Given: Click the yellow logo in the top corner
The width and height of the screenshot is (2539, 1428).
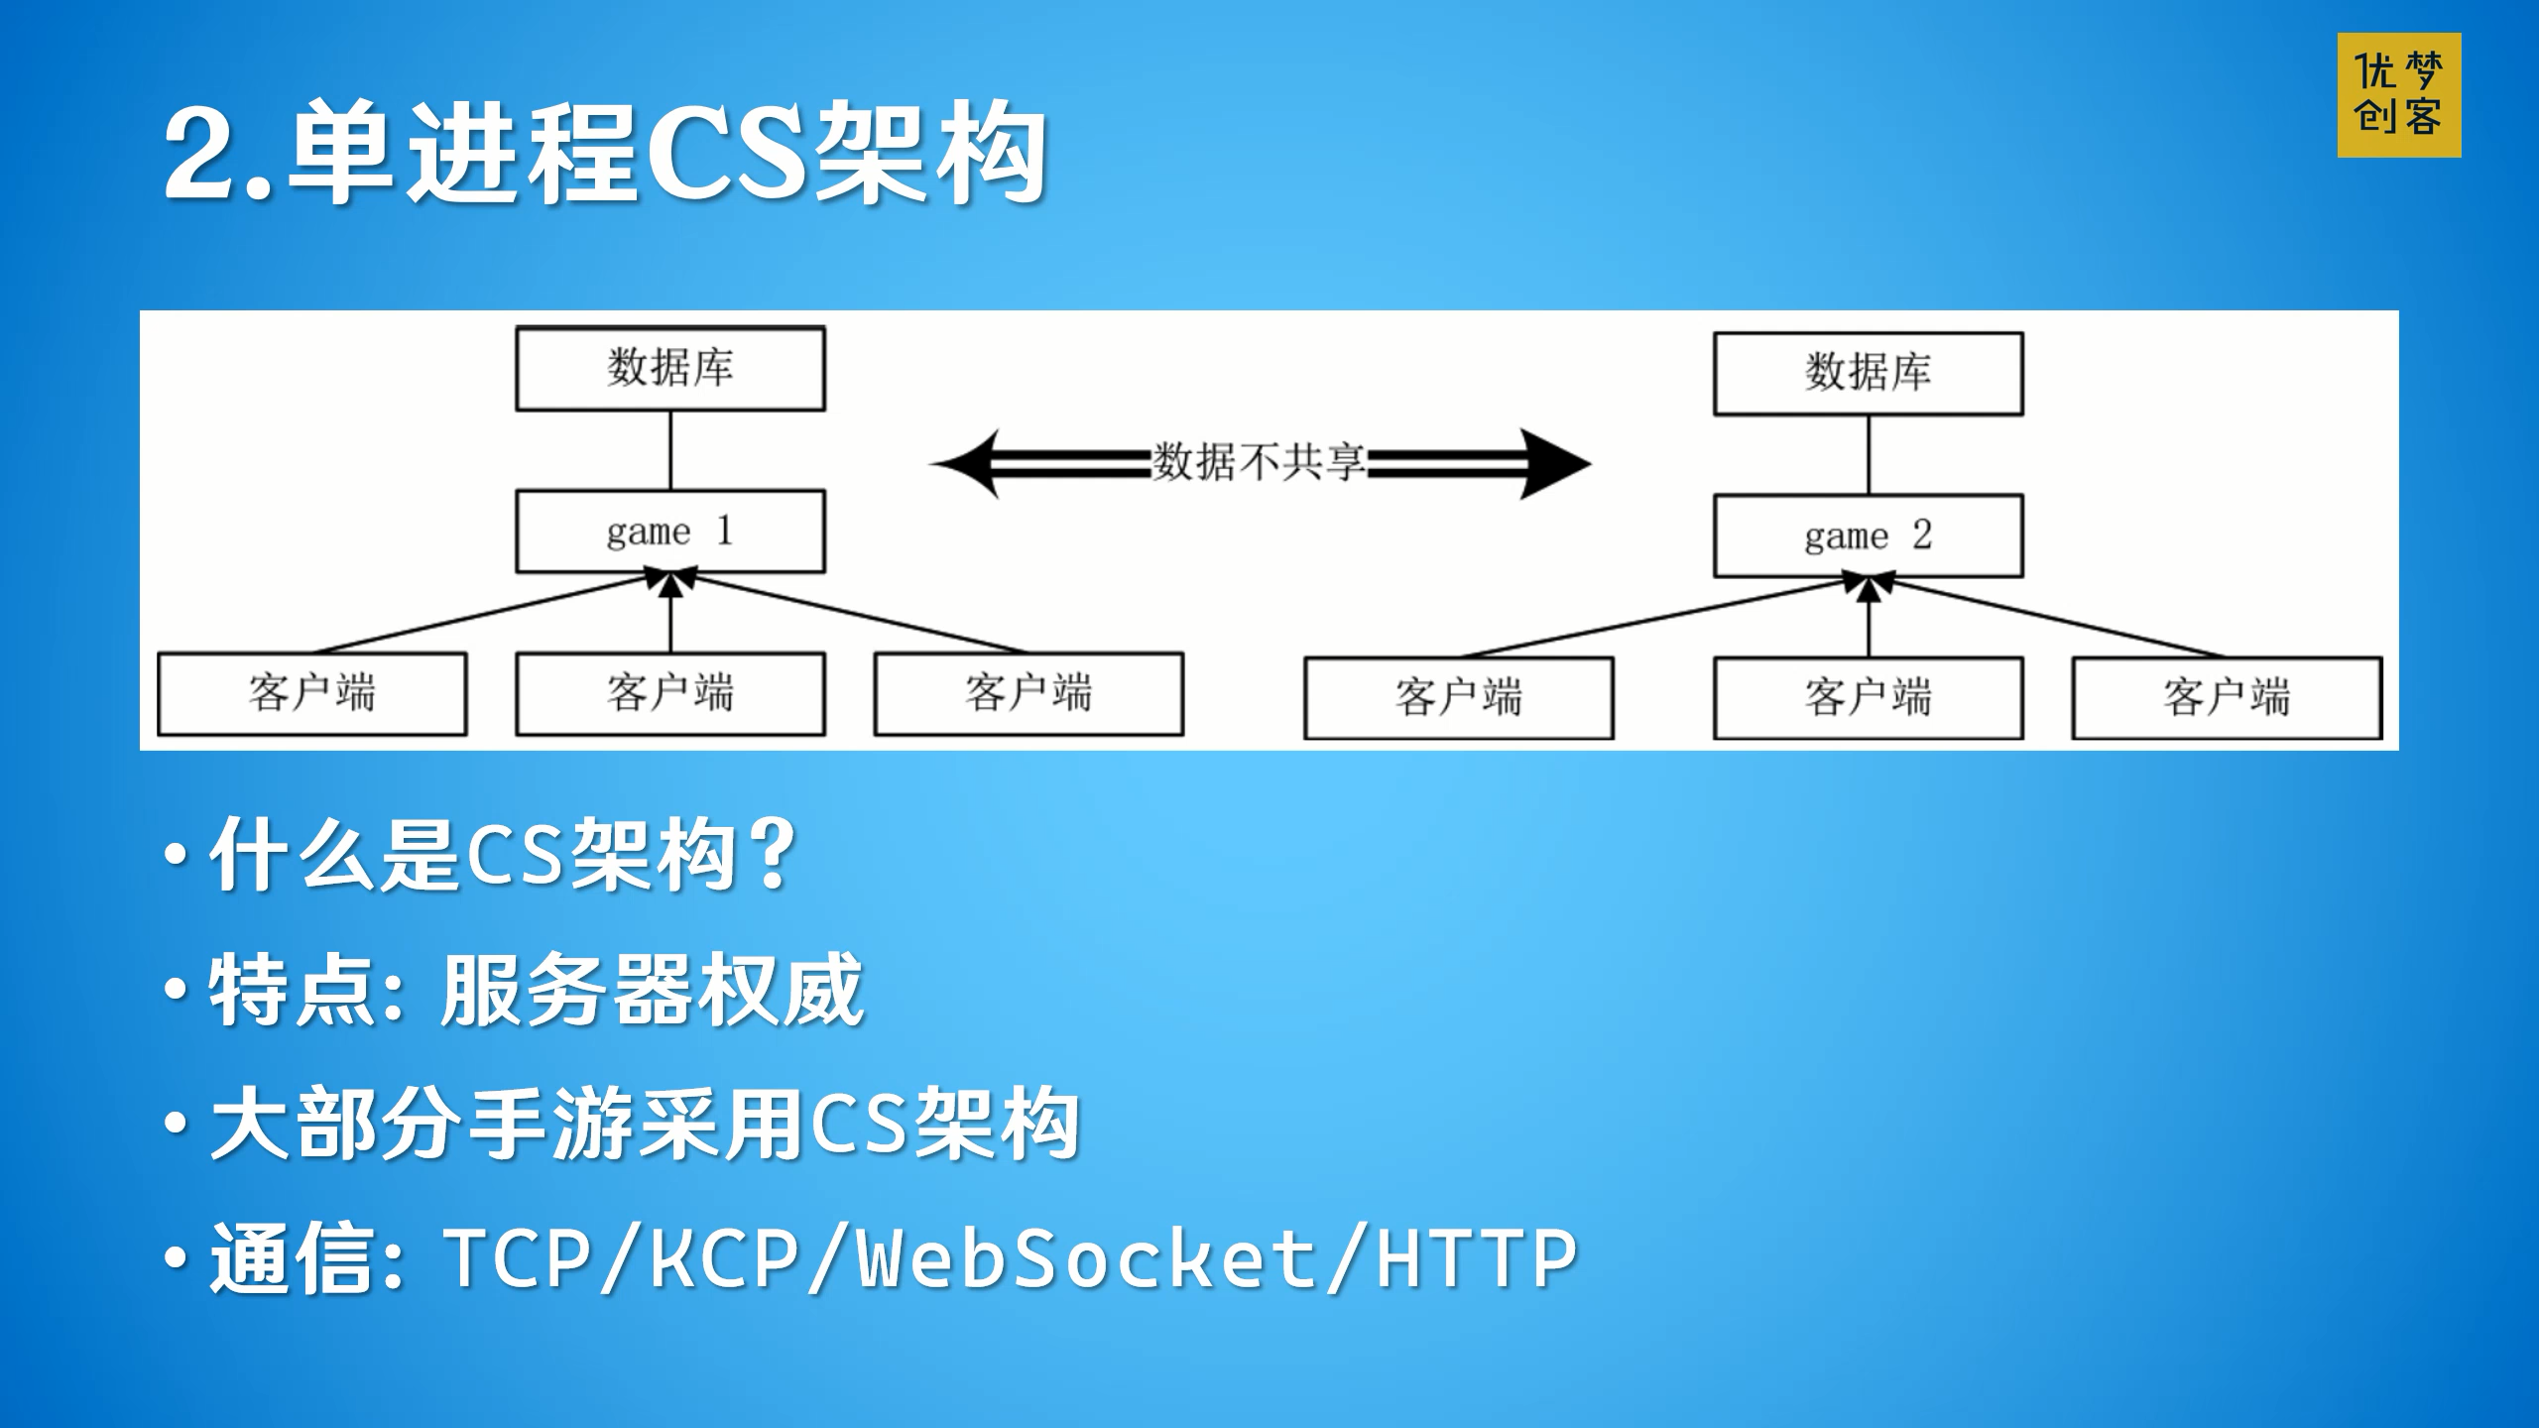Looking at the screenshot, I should pos(2398,95).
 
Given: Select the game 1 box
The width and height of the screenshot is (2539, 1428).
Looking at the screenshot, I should pos(670,532).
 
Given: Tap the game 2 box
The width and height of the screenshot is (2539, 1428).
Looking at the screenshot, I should pos(1868,536).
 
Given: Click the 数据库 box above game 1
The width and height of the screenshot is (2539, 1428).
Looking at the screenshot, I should pos(670,368).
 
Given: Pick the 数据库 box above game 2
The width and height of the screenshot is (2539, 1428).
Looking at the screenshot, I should pos(1868,373).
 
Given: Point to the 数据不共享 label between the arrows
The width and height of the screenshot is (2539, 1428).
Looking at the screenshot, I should pos(1259,462).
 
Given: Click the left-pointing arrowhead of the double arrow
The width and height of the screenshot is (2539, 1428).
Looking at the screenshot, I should pos(967,463).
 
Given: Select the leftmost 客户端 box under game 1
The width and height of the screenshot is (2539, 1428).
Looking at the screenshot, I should pos(312,693).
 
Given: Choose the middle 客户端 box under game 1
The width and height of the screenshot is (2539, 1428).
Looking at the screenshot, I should pos(670,693).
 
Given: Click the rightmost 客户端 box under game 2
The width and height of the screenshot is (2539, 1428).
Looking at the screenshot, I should pos(2227,698).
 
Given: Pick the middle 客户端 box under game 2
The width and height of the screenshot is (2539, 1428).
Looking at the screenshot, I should pos(1868,698).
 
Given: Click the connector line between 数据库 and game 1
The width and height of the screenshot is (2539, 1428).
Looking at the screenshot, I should pos(671,449).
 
